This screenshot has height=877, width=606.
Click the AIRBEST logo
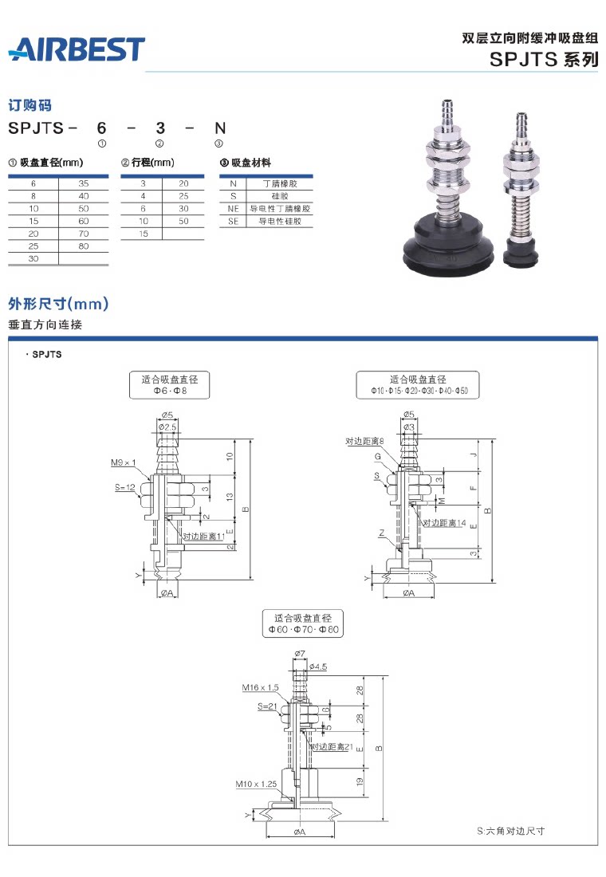point(77,49)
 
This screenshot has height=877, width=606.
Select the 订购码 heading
point(30,105)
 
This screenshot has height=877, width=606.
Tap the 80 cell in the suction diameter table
point(84,247)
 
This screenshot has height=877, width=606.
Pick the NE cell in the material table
point(233,208)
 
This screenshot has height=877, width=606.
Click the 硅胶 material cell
point(280,195)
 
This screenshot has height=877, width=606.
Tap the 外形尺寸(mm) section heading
point(58,304)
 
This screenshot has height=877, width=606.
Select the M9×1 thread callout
point(124,462)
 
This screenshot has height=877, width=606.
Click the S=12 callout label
point(124,486)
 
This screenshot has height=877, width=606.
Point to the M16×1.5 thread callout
point(260,686)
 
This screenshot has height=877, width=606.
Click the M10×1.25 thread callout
point(256,784)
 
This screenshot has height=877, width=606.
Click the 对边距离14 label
point(444,523)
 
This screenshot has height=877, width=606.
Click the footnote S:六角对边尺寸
point(510,831)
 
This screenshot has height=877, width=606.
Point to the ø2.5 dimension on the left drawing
point(167,428)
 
